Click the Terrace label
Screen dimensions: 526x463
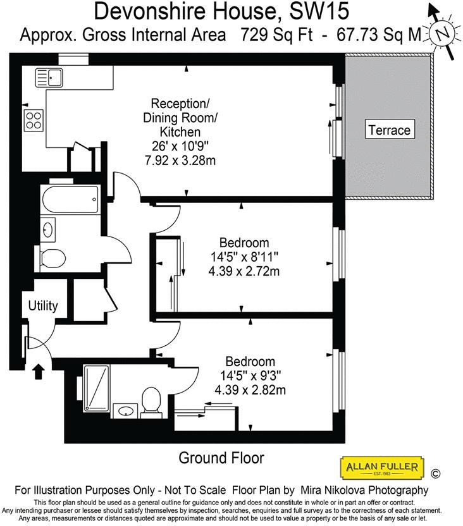[390, 130]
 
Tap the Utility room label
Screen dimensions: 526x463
[43, 306]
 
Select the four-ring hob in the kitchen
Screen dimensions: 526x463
[34, 120]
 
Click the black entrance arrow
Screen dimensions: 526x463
[39, 370]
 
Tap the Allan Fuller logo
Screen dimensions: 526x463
[381, 468]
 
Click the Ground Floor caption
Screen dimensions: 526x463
[221, 457]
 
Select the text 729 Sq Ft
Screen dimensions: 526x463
[277, 35]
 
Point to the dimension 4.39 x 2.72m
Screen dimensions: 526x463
[244, 272]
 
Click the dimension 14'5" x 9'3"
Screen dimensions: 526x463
[250, 376]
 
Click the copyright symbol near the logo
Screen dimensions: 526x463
[435, 473]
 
